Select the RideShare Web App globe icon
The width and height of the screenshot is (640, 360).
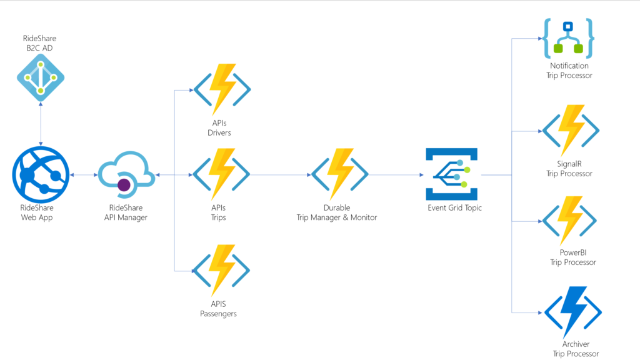tap(41, 175)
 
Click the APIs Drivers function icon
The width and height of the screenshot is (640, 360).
tap(222, 89)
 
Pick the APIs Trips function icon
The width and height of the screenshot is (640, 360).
tap(222, 175)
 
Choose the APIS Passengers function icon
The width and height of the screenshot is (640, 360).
tap(222, 271)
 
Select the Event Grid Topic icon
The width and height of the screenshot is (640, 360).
tap(451, 174)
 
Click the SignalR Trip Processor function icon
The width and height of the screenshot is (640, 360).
tap(570, 131)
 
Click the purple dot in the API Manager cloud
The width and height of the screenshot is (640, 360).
tap(124, 184)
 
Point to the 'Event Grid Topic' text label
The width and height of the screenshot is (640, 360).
tap(454, 208)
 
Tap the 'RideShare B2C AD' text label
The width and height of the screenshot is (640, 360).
tap(39, 43)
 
